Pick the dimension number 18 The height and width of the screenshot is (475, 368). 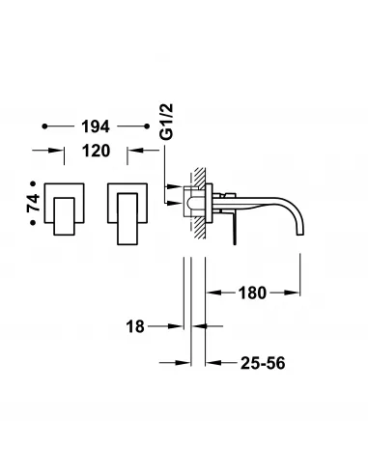pos(134,327)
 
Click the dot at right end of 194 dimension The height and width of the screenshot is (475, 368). pos(147,126)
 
